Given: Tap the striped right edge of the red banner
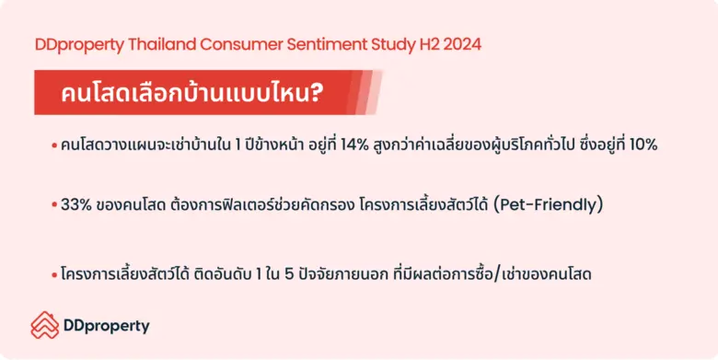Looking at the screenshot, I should click(x=368, y=93).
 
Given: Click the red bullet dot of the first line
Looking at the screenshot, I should click(x=55, y=146).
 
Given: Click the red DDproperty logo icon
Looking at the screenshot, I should click(x=44, y=325).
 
